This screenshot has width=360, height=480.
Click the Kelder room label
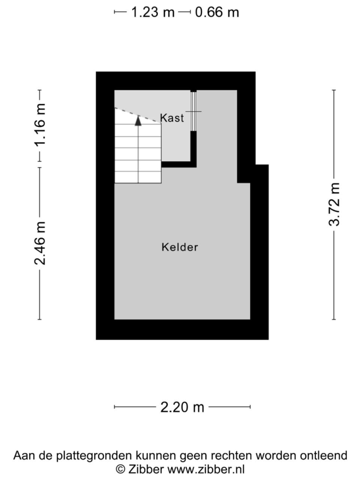(180, 247)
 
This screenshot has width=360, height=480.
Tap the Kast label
(172, 118)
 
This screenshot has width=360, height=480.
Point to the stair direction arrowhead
(138, 121)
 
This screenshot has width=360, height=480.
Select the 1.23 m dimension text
(153, 12)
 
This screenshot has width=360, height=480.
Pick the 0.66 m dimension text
(217, 12)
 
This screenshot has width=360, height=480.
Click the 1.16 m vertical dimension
(40, 125)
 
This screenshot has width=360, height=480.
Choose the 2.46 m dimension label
(40, 243)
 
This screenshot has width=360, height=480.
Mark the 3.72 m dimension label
(334, 204)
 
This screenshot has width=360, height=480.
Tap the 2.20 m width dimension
(182, 407)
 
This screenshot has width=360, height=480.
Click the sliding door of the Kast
(193, 111)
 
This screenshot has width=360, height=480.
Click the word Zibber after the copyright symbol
(146, 469)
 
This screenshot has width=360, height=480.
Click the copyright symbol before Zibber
(121, 469)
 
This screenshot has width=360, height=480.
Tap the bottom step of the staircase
(138, 177)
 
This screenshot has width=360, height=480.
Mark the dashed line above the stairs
(138, 116)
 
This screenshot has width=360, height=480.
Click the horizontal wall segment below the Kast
(179, 165)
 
